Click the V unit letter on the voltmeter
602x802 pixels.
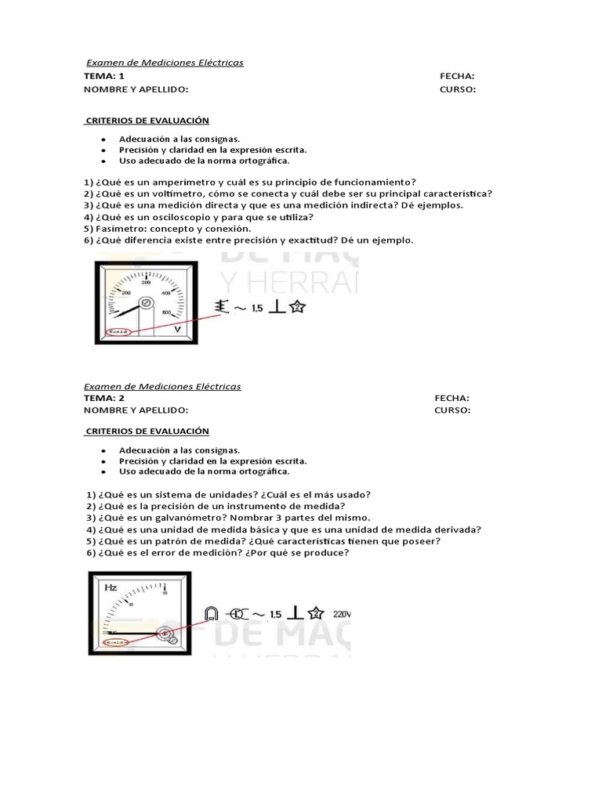click(178, 330)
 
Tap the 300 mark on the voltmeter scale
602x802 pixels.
click(146, 283)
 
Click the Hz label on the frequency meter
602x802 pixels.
click(112, 585)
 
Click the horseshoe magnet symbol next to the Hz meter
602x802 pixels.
click(210, 614)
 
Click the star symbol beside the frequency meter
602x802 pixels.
click(316, 613)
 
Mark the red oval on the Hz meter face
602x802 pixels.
click(116, 641)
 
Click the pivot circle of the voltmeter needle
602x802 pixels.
click(144, 302)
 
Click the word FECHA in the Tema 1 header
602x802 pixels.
click(457, 76)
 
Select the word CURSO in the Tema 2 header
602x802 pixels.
click(452, 410)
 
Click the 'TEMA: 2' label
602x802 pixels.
click(104, 398)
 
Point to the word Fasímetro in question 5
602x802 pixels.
click(117, 229)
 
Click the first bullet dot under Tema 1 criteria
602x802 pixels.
click(103, 139)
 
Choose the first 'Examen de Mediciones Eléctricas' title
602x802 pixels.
click(164, 63)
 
